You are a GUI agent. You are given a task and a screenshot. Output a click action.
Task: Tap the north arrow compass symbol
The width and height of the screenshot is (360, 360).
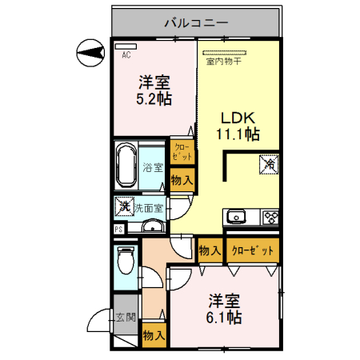tap(90, 54)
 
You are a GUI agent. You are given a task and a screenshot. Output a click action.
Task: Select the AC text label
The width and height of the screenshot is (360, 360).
tap(126, 55)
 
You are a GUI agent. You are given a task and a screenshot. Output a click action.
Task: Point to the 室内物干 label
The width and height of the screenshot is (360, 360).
tap(224, 61)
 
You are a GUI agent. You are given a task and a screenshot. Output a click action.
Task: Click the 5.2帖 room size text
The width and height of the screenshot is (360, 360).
tap(152, 99)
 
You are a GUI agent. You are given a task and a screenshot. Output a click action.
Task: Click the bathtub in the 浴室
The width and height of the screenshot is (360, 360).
tap(126, 166)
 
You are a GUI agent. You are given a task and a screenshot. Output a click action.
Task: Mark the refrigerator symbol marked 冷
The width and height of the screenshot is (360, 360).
tap(270, 163)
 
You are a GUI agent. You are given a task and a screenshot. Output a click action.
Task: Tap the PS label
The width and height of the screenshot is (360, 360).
tap(118, 230)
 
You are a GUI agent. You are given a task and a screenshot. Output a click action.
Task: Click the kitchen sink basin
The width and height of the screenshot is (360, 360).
tap(238, 216)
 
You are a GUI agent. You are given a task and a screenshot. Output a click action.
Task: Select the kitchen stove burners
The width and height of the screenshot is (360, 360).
tap(268, 216)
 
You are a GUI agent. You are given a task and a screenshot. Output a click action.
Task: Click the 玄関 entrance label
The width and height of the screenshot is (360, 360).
tap(125, 318)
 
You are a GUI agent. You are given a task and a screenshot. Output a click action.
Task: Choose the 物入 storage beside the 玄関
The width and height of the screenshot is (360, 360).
tap(153, 336)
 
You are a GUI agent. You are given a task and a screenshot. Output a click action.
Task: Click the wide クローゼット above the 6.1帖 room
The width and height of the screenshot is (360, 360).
tap(253, 250)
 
